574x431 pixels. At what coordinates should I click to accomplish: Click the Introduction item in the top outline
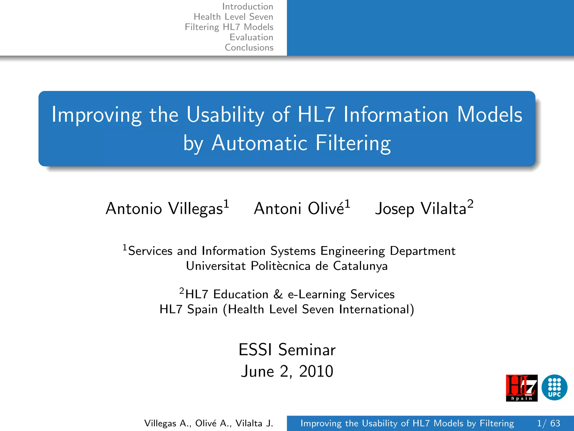(247, 6)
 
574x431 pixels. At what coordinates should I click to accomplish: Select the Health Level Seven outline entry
(233, 17)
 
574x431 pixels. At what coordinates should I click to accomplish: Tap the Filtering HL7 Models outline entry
(229, 27)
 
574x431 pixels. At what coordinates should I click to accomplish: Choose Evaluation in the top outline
(251, 37)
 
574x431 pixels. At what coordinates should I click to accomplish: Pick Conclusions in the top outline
(249, 47)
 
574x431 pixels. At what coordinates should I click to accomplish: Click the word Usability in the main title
(225, 115)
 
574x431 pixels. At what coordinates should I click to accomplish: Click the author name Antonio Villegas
(164, 209)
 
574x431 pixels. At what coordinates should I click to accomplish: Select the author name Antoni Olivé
(299, 209)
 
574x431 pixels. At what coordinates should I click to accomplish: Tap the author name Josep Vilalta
(420, 209)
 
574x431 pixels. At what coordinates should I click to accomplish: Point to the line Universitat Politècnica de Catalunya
(287, 266)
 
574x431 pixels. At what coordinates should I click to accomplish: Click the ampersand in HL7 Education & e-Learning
(278, 294)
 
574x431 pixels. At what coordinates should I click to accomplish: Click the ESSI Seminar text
(287, 350)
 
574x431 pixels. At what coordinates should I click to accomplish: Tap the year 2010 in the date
(316, 372)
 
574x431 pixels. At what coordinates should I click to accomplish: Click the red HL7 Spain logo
(522, 388)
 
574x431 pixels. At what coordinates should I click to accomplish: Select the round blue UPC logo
(554, 388)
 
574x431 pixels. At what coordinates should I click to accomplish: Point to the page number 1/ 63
(548, 423)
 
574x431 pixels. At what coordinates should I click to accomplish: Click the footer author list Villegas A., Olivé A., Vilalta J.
(209, 423)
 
